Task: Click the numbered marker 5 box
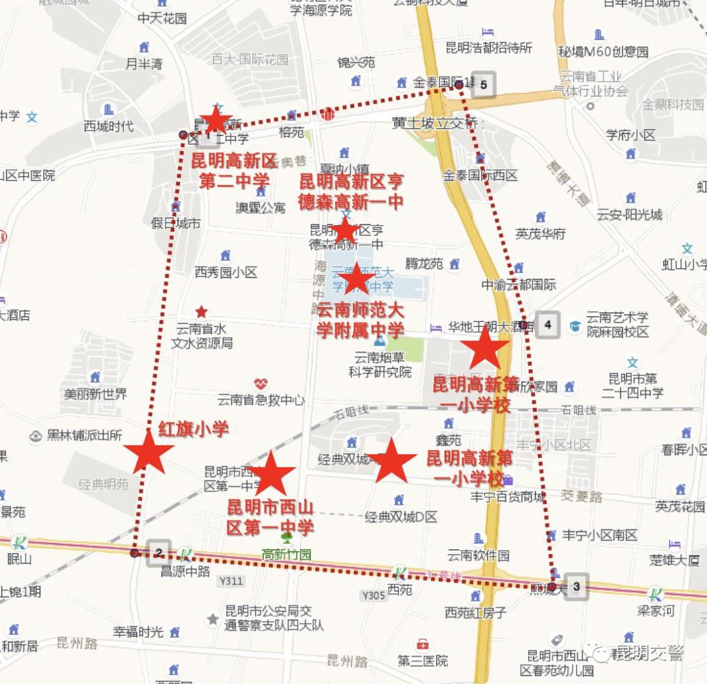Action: [483, 84]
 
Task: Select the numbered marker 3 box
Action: [576, 586]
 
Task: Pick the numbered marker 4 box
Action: [547, 324]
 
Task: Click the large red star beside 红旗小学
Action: [149, 452]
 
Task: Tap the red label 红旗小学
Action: [194, 429]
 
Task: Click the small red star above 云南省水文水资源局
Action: [202, 312]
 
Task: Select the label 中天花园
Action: [162, 18]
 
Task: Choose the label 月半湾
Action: [144, 63]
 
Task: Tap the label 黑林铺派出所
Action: [84, 435]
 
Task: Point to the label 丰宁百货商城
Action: [507, 497]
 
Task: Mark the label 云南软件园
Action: [479, 555]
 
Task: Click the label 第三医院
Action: [423, 660]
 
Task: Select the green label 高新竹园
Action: [287, 554]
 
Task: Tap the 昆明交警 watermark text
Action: [647, 653]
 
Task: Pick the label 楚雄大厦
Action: [674, 560]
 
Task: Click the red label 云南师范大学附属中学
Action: [361, 320]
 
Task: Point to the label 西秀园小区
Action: [226, 272]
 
